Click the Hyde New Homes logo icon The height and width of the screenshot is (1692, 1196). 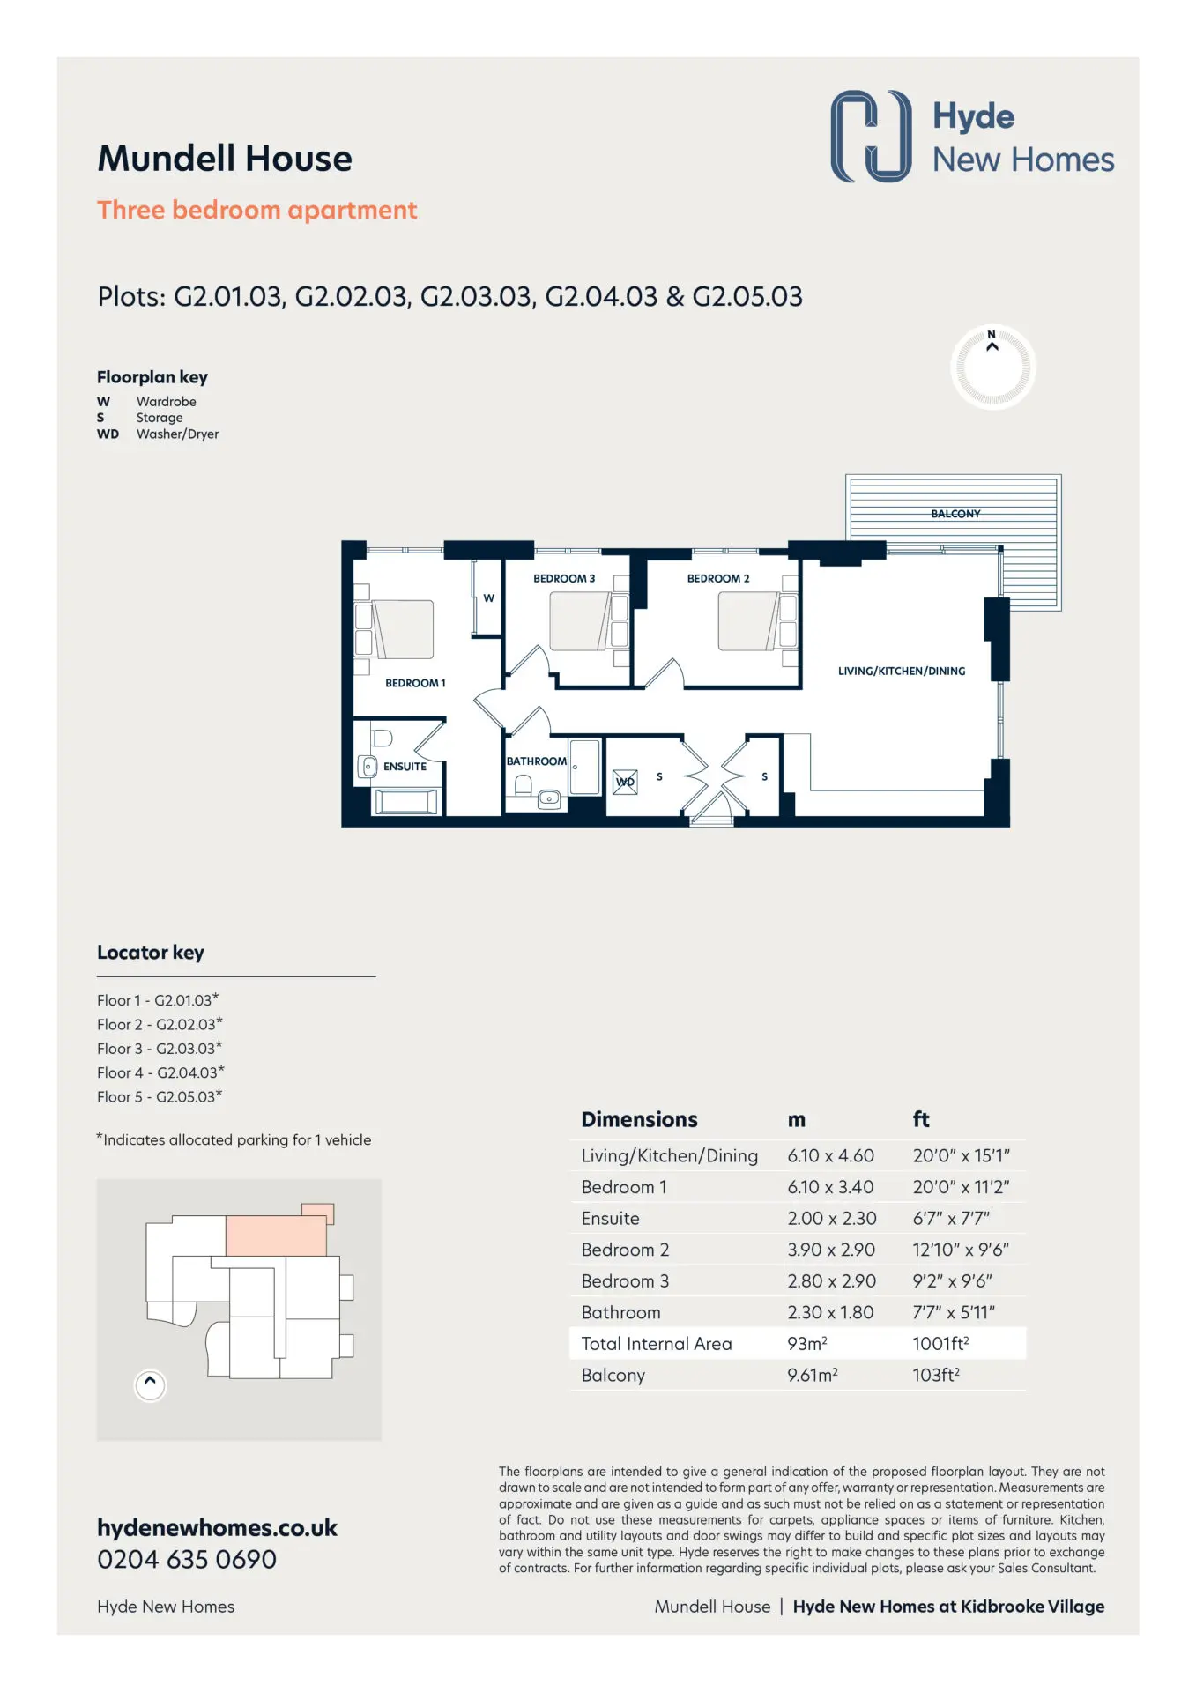871,136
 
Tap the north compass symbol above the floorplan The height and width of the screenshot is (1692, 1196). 992,367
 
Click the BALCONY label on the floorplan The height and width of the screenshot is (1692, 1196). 955,514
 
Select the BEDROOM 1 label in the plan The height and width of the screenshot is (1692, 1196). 415,683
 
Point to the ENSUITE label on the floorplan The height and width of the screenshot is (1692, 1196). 405,767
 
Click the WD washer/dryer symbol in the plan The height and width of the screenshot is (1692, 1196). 625,782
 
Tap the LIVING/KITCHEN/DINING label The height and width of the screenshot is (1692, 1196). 902,671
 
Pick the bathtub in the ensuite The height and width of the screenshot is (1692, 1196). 406,801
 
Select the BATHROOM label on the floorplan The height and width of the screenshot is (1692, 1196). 536,761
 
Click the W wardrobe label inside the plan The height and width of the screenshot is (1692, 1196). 488,598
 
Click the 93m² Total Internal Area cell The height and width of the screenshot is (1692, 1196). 806,1344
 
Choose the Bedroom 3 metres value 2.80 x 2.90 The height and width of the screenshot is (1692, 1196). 831,1281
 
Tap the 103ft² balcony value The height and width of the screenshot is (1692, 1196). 936,1375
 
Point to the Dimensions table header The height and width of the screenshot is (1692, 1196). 639,1120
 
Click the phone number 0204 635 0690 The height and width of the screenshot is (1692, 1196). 187,1560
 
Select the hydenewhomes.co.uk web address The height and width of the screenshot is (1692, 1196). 217,1528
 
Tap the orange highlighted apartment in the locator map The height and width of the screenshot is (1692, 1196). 277,1235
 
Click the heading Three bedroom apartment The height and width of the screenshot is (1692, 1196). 256,211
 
